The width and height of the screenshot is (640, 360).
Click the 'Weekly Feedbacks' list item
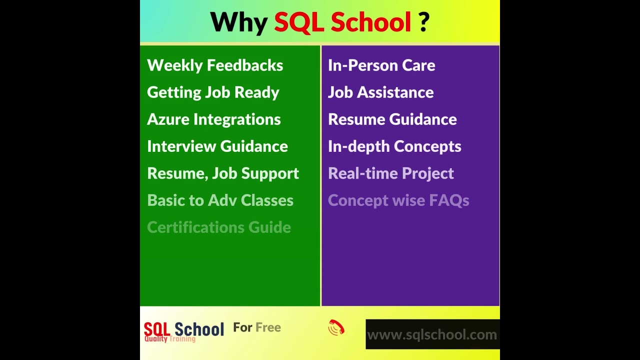pos(215,65)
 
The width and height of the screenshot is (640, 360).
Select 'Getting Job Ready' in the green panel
pos(213,92)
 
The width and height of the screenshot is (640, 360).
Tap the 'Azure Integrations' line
pos(214,119)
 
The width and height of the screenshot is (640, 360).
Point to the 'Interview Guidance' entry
pos(217,146)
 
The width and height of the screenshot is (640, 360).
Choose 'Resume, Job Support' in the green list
pos(223,173)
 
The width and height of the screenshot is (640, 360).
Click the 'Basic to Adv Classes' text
pos(220,200)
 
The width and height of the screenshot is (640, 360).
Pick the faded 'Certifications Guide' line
pos(219,227)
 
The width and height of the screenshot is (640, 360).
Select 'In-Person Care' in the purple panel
pos(381,65)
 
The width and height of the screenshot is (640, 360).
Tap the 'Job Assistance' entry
pos(380,92)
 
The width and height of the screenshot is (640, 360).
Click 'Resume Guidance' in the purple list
pos(392,119)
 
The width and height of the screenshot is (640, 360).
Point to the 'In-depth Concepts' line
pos(394,146)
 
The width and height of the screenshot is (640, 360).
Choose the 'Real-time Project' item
pos(391,173)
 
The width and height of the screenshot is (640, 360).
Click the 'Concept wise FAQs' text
pos(398,200)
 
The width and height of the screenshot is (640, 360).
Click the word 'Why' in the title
pos(238,22)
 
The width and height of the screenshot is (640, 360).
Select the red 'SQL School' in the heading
pos(342,22)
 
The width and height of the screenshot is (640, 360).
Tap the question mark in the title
pos(423,22)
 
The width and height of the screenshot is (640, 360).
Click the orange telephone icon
pos(336,327)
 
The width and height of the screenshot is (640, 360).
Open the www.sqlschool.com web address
pos(432,334)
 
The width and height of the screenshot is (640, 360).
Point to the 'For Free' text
pos(257,327)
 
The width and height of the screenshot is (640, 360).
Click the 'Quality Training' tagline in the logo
pos(170,339)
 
